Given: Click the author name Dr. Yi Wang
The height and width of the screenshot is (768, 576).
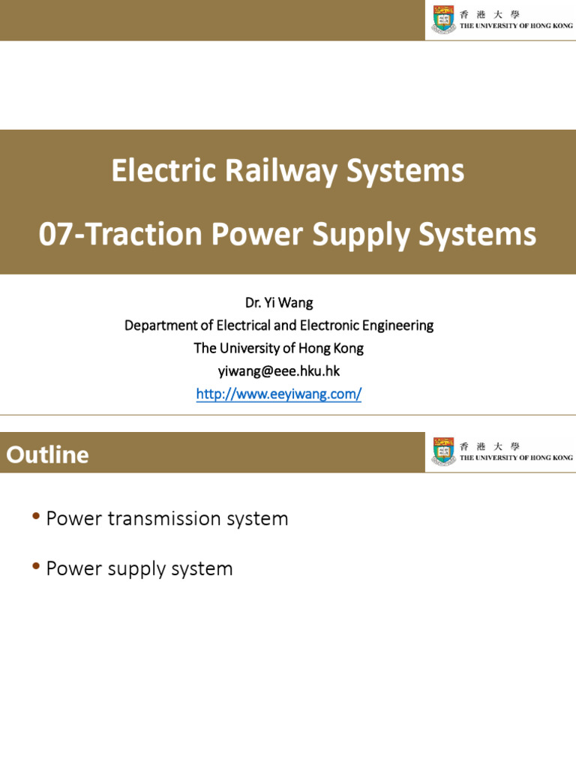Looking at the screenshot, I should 279,303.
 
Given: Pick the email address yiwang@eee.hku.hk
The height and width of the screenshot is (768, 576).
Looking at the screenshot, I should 279,370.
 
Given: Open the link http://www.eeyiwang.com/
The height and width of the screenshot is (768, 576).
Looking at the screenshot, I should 279,394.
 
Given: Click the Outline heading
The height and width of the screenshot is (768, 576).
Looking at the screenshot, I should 48,454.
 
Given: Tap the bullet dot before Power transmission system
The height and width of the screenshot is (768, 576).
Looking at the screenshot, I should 36,517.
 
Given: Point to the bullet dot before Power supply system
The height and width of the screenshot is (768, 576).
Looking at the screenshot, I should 36,568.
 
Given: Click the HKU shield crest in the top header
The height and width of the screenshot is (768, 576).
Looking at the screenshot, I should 443,19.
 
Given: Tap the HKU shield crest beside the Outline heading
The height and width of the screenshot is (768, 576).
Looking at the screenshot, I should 443,451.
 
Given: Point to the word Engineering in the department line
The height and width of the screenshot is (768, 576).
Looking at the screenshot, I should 397,325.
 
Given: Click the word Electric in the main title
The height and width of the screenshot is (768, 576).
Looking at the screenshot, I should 154,172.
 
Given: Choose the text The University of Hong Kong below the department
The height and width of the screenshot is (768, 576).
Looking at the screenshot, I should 279,348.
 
